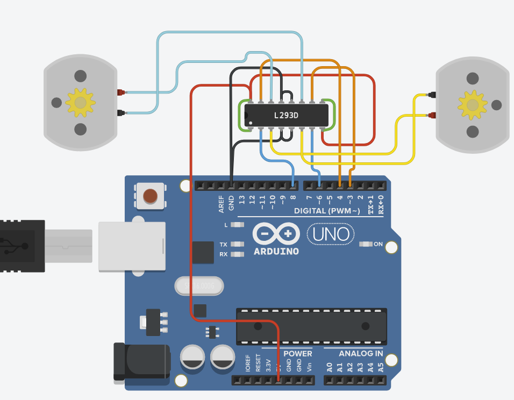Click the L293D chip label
(x=286, y=115)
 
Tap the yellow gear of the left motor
(x=81, y=102)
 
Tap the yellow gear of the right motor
(x=472, y=105)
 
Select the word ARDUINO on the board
(x=276, y=251)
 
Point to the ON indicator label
(x=378, y=244)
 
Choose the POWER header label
(x=297, y=354)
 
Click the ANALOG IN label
(x=361, y=354)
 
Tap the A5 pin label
(x=381, y=368)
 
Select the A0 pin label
(x=330, y=368)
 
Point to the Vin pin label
(x=309, y=368)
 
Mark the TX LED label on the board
(x=223, y=244)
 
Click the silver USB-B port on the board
(x=132, y=246)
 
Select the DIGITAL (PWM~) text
(x=327, y=211)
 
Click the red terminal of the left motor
(x=121, y=92)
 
